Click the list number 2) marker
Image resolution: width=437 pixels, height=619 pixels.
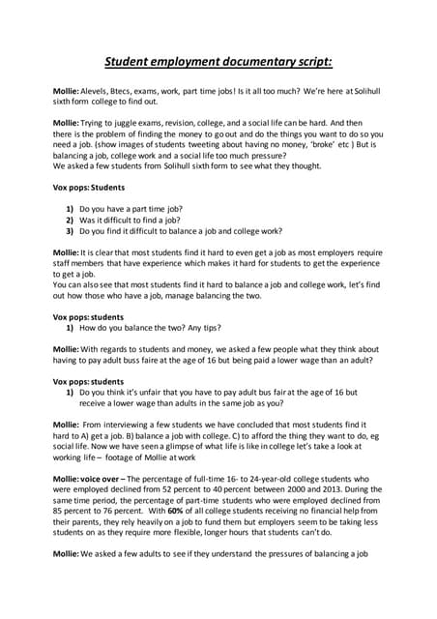pos(70,220)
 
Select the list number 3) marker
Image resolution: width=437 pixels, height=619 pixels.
pos(70,231)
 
